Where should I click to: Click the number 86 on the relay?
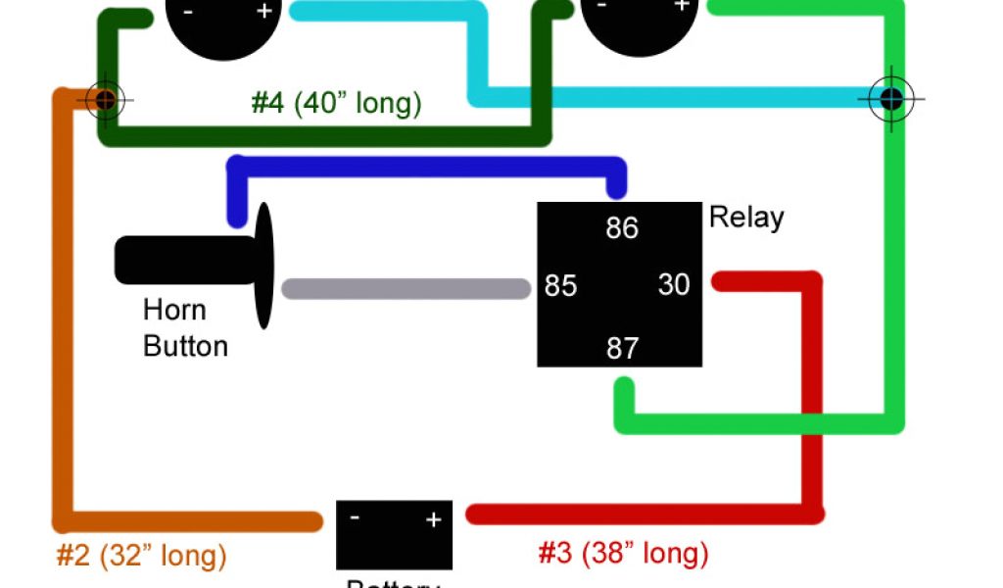[x=622, y=228]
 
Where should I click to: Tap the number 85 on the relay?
[x=560, y=287]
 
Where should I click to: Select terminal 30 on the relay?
[x=674, y=285]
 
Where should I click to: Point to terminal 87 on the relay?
[x=622, y=348]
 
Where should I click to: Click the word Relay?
[x=746, y=217]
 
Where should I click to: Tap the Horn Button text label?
[x=184, y=328]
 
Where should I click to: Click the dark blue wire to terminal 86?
[x=421, y=166]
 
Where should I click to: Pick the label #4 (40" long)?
[x=336, y=103]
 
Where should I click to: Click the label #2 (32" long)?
[x=141, y=557]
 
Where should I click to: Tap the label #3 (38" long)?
[x=623, y=554]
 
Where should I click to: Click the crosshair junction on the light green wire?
[x=891, y=98]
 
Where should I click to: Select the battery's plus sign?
[x=433, y=519]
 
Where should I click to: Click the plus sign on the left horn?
[x=264, y=11]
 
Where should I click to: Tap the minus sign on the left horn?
[x=185, y=11]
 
